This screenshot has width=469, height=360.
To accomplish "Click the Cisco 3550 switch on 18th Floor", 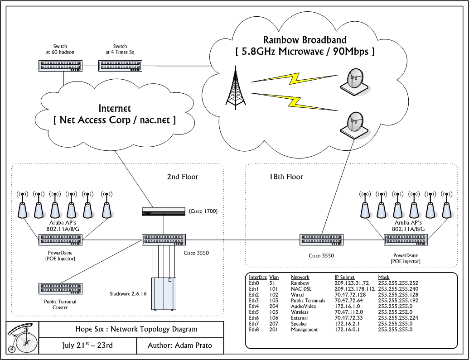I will pos(321,240).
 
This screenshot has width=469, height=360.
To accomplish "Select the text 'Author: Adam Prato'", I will pos(179,346).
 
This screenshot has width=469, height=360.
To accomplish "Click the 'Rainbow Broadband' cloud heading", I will pos(305,40).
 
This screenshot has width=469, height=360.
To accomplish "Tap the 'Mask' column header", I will pos(383,277).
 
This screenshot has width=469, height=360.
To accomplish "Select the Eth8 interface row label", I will pos(254,330).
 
